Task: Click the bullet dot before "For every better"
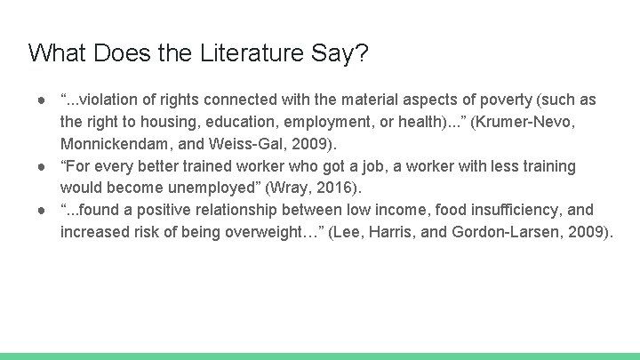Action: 42,166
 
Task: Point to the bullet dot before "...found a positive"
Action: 42,210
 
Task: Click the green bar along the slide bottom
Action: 320,356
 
